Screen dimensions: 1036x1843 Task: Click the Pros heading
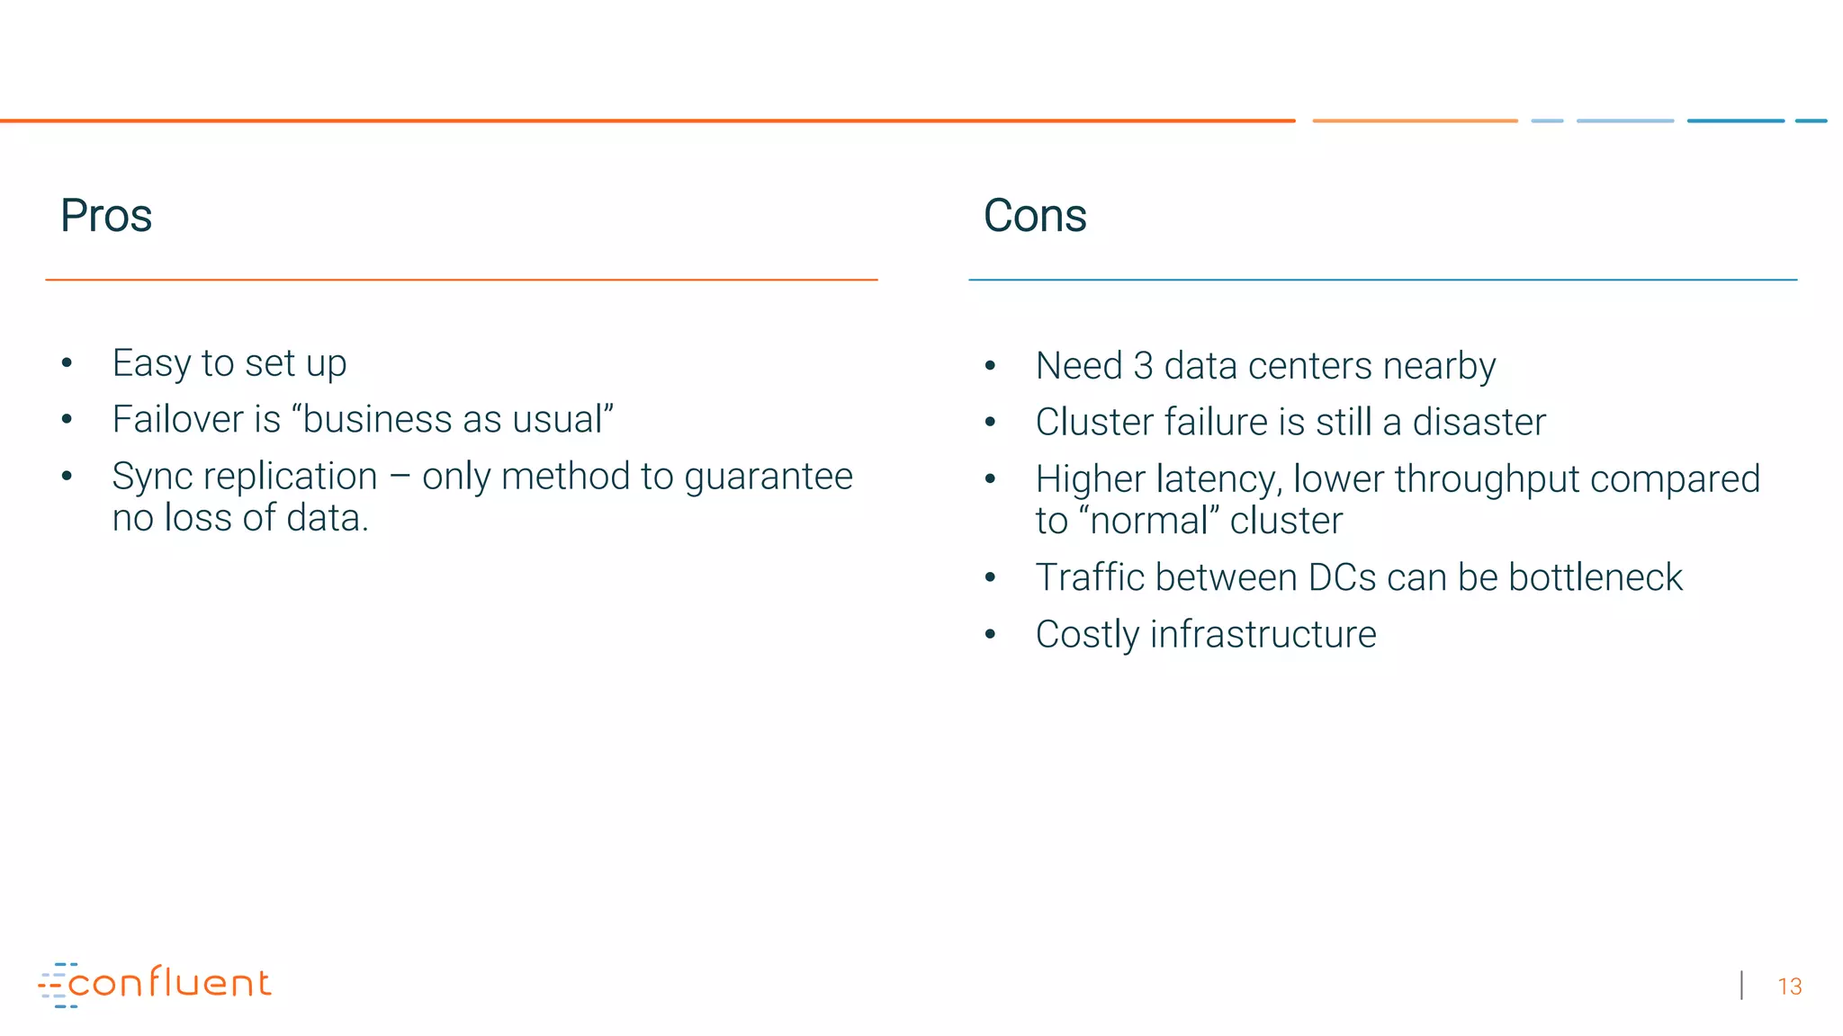pyautogui.click(x=106, y=216)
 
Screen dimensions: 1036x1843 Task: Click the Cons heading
pyautogui.click(x=1035, y=216)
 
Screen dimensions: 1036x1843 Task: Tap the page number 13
pyautogui.click(x=1789, y=987)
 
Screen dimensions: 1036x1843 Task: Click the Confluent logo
pyautogui.click(x=155, y=985)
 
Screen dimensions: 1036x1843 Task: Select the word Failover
pyautogui.click(x=177, y=419)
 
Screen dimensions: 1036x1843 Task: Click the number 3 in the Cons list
pyautogui.click(x=1143, y=366)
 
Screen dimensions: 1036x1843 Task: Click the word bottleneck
pyautogui.click(x=1595, y=577)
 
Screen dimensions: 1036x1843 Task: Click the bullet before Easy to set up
pyautogui.click(x=67, y=363)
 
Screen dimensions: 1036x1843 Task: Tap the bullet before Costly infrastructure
pyautogui.click(x=990, y=634)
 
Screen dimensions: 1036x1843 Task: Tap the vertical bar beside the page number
pyautogui.click(x=1742, y=986)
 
